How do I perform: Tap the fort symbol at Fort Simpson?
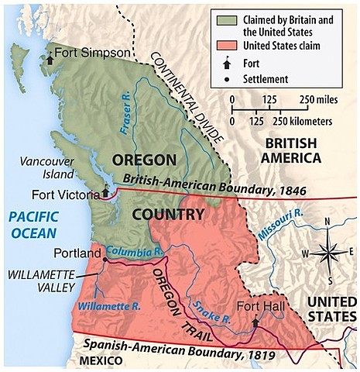coord(50,57)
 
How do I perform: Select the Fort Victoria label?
coord(67,194)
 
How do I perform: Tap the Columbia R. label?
coord(132,253)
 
